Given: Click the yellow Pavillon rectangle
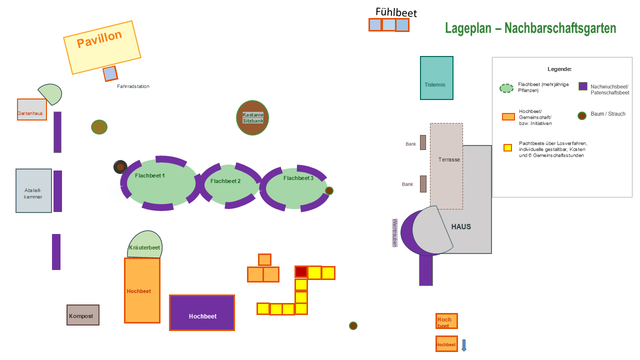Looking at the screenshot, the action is tap(102, 47).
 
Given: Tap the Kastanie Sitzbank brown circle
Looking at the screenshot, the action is tap(252, 117).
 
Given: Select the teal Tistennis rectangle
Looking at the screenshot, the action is tap(436, 78).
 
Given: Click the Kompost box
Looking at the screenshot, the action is tap(83, 315).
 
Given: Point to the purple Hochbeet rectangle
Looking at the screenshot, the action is tap(202, 313).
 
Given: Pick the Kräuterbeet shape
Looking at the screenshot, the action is tap(144, 244).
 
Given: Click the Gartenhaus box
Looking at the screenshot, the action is tap(31, 109).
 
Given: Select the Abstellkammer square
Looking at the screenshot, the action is tap(33, 190).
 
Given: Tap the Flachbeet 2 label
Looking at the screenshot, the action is tap(225, 181).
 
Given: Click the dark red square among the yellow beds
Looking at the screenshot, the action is tap(301, 271).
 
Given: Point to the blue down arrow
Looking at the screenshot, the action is tap(464, 345).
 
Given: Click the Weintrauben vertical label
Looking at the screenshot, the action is tap(394, 233).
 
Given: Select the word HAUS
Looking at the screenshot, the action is tap(461, 227).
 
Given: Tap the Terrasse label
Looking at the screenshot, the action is tap(449, 159).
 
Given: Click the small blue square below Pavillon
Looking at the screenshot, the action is tap(110, 73).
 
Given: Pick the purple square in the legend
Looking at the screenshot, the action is tap(583, 86).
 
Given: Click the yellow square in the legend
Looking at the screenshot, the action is tap(507, 147).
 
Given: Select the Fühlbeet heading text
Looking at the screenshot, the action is tap(396, 12).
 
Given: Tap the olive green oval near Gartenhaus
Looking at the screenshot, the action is tap(99, 127).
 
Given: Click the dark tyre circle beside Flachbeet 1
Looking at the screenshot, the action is tap(120, 167).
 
